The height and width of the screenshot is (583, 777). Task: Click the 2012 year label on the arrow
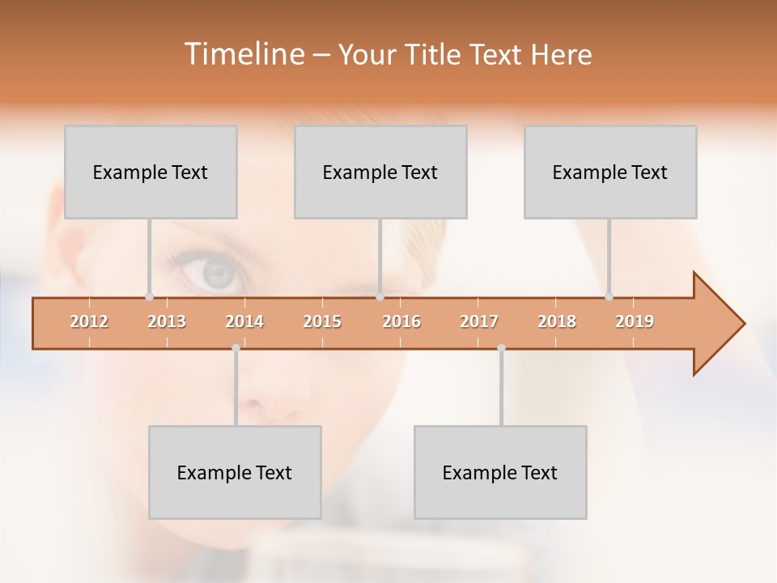89,322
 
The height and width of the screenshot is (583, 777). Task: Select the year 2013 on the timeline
167,322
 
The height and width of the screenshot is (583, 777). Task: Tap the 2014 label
244,322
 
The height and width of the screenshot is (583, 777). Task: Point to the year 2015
322,322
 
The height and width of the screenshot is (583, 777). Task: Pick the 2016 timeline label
401,322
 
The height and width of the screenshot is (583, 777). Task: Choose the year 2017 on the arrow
479,322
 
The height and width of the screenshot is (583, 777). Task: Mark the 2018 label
557,322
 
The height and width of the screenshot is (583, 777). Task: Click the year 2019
635,322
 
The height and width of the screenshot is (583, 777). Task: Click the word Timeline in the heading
244,54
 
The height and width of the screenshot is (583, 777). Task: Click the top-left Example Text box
151,172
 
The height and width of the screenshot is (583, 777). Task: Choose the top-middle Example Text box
380,172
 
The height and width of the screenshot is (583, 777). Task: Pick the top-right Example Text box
610,172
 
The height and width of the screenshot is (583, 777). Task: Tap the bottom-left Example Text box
235,473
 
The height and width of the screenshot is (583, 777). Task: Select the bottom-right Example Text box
500,473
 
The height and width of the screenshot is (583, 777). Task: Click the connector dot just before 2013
149,297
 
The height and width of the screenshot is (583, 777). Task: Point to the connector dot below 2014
236,348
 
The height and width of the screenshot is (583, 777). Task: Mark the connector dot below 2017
501,348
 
